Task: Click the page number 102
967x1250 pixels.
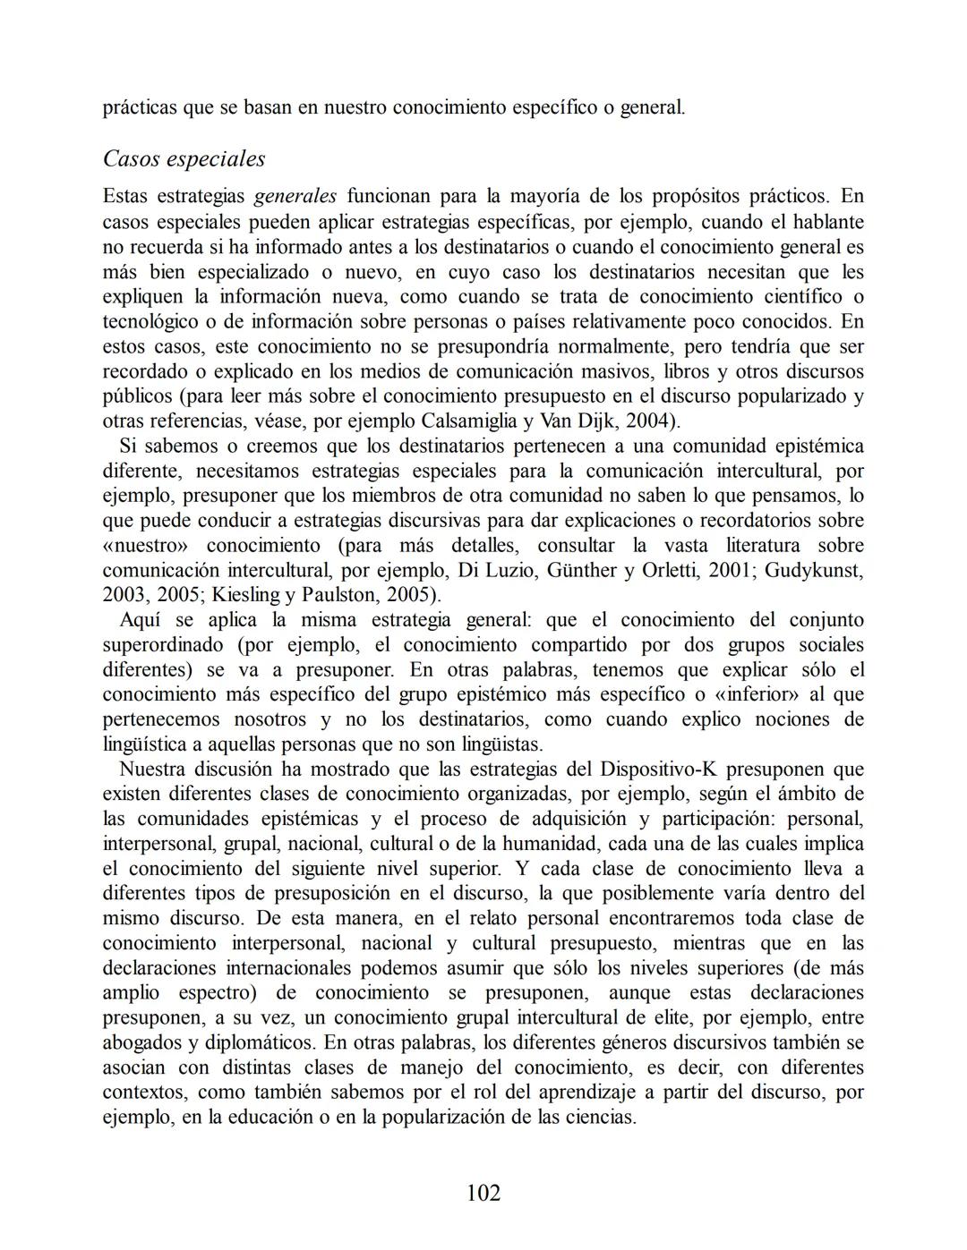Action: [483, 1193]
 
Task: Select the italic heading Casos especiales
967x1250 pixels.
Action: [184, 158]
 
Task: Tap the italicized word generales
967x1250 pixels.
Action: [295, 196]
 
